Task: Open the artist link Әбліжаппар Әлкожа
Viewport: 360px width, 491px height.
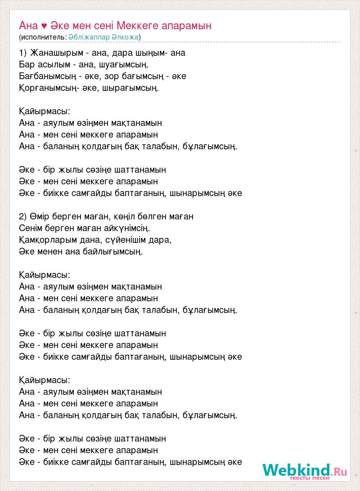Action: click(x=104, y=37)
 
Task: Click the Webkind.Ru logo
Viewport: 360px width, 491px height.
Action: click(x=305, y=470)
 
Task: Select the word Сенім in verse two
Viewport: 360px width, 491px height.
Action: click(x=31, y=228)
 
